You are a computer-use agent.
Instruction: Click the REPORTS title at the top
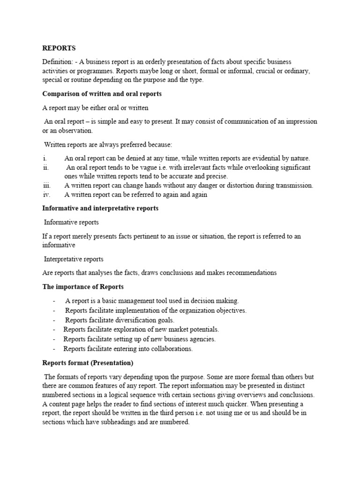[59, 48]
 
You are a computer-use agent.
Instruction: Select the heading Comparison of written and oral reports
[102, 94]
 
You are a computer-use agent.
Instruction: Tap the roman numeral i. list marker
[45, 158]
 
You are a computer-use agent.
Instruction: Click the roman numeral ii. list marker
[45, 167]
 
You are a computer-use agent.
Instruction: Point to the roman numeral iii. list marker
[46, 186]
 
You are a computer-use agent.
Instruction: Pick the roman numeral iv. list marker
[46, 195]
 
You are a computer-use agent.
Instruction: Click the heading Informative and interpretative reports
[100, 208]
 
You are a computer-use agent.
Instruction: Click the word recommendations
[249, 272]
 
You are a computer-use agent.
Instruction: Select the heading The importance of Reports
[83, 286]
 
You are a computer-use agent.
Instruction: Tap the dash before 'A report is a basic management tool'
[55, 301]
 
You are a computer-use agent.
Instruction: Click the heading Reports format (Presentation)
[88, 363]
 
